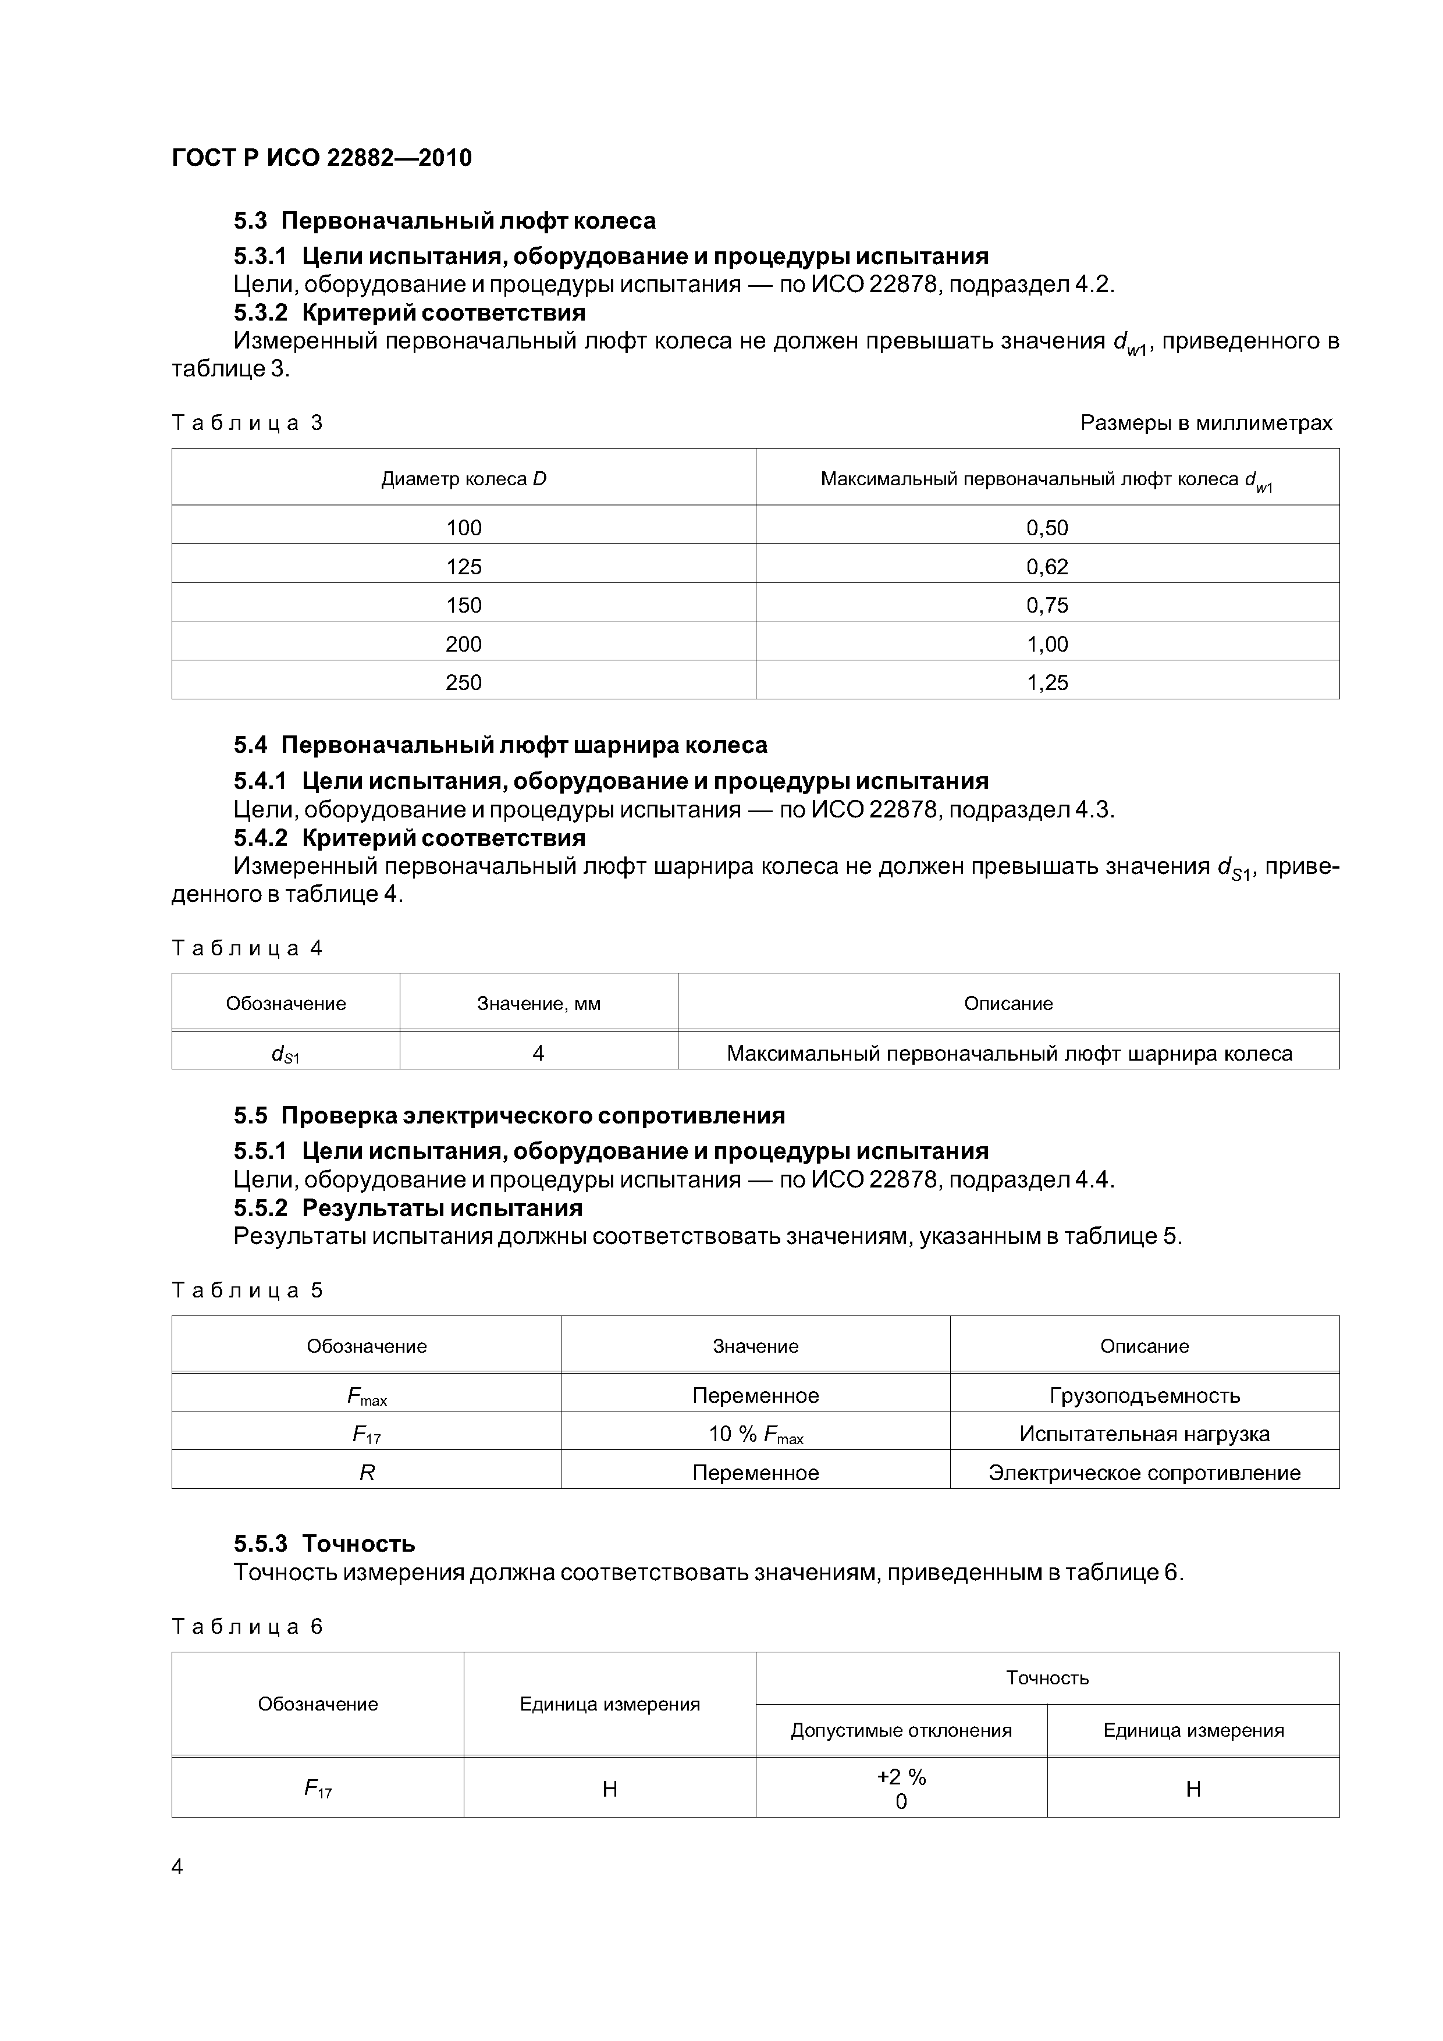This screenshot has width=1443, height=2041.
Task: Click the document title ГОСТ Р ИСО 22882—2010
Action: coord(321,158)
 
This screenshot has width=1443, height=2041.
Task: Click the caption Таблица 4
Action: coord(247,948)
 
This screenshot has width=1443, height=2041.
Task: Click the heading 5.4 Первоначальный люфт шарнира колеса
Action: coord(500,745)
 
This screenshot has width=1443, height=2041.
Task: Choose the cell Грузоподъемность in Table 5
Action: coord(1145,1396)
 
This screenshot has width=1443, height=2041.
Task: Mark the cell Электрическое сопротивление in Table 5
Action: coord(1145,1473)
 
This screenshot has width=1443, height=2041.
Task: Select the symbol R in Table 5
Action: coord(367,1473)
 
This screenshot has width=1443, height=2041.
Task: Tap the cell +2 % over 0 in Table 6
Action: coord(901,1788)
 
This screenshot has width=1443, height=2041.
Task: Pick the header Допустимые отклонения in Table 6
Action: coord(901,1731)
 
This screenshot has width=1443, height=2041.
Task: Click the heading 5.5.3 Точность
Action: coord(325,1543)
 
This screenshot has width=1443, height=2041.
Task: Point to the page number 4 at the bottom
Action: coord(177,1867)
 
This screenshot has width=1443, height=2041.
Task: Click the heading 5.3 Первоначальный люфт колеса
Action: coord(445,221)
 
